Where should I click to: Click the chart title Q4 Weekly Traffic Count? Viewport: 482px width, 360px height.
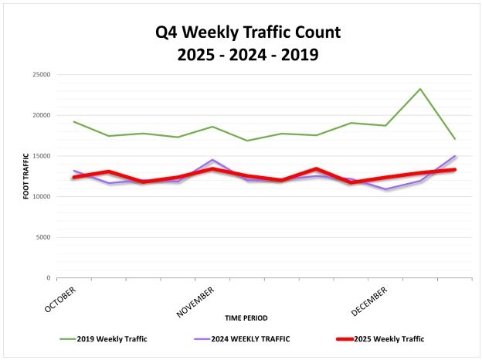pyautogui.click(x=241, y=32)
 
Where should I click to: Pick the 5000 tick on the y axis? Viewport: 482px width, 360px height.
pyautogui.click(x=42, y=237)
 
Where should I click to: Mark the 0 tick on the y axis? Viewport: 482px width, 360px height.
pyautogui.click(x=47, y=278)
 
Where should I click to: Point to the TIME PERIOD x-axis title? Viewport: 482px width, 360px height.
pyautogui.click(x=246, y=318)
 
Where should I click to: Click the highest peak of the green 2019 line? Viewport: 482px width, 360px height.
pyautogui.click(x=420, y=89)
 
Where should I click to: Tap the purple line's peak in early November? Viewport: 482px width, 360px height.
pyautogui.click(x=212, y=160)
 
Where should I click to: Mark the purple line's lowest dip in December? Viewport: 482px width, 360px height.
pyautogui.click(x=385, y=189)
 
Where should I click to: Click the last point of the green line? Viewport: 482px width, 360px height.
pyautogui.click(x=455, y=139)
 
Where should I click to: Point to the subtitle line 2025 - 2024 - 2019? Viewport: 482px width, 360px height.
pyautogui.click(x=241, y=56)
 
